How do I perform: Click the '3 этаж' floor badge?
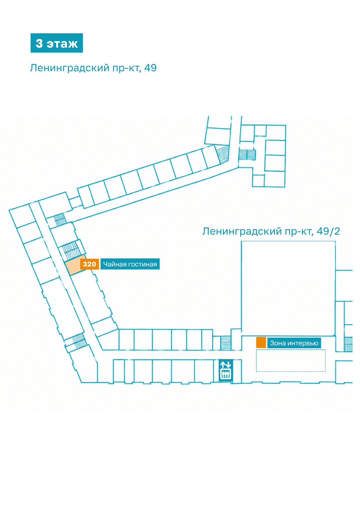tap(57, 43)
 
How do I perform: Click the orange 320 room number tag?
tap(89, 264)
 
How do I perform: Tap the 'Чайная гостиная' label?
tap(130, 264)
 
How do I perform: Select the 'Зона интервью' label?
tap(294, 343)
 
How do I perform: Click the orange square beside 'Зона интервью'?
tap(261, 343)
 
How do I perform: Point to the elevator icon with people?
tap(226, 374)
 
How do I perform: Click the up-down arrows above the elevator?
tap(226, 365)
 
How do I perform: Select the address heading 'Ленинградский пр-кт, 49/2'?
tap(271, 231)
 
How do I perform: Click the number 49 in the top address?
tap(150, 68)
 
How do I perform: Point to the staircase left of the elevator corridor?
tap(226, 343)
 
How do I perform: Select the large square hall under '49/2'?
tap(288, 288)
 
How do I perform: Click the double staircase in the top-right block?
tap(247, 154)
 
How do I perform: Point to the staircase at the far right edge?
tap(348, 344)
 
